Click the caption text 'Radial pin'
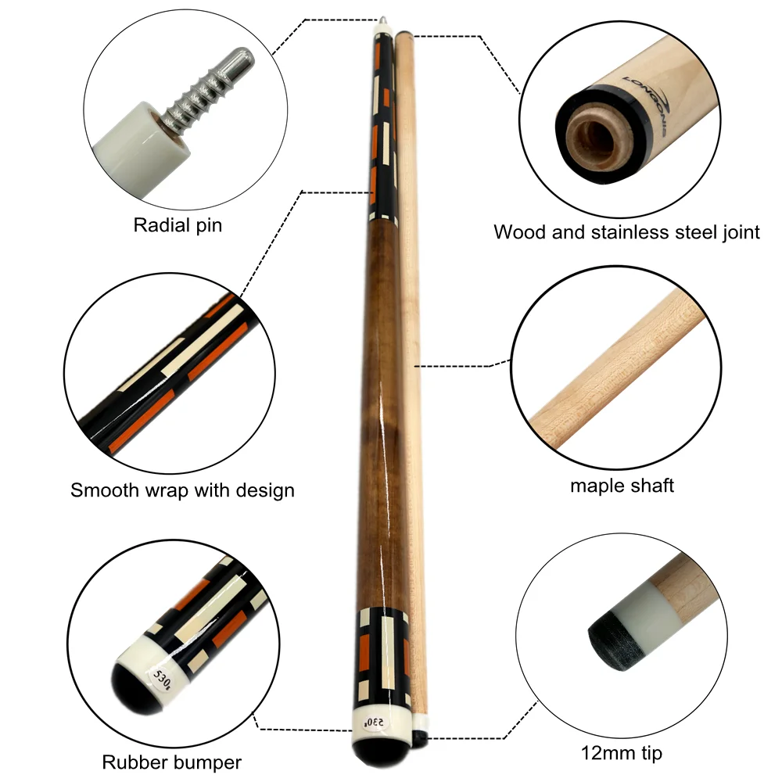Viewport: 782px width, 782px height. [x=178, y=226]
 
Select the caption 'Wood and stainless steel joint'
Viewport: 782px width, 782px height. [x=626, y=232]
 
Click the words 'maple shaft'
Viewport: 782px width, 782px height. [x=622, y=486]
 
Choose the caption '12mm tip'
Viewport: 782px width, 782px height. [x=622, y=754]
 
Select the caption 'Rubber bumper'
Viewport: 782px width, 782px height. [x=171, y=762]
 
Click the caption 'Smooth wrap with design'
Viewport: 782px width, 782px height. [x=182, y=491]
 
